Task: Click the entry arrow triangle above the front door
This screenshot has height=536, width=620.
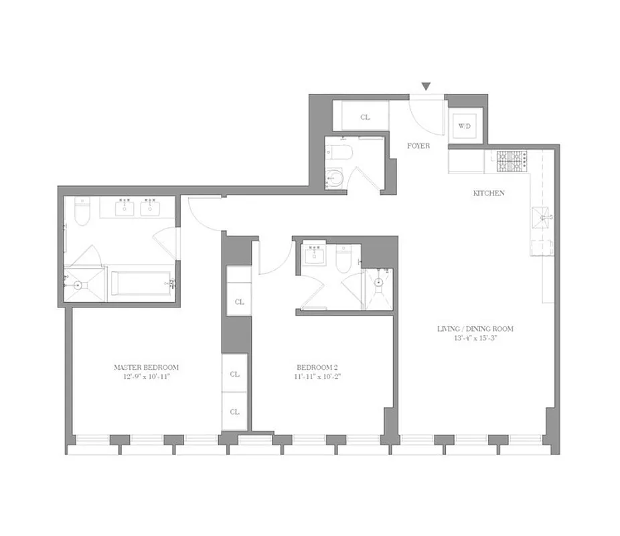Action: click(x=425, y=86)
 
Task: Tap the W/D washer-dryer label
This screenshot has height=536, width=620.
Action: click(x=464, y=125)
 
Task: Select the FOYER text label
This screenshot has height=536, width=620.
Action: click(x=418, y=145)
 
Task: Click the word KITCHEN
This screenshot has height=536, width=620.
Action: click(x=489, y=193)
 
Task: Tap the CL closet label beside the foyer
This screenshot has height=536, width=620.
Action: click(x=365, y=117)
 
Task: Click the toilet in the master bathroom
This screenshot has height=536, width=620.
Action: click(x=82, y=212)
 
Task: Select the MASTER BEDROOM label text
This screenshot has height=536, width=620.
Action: click(x=146, y=367)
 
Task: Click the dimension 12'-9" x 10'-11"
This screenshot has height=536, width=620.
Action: click(x=146, y=377)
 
